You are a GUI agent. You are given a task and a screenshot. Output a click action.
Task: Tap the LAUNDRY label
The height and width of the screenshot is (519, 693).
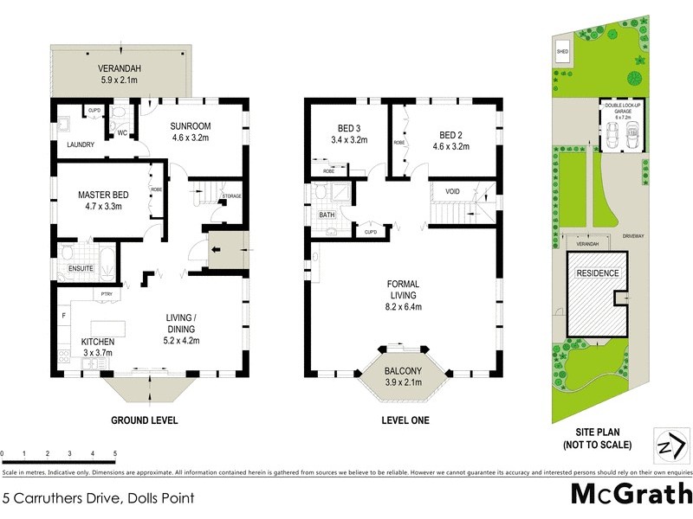tap(80, 157)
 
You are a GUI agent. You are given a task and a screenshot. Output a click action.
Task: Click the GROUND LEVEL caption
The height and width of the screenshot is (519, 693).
tap(145, 421)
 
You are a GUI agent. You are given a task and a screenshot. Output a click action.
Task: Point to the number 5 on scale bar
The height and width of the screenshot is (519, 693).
tap(114, 453)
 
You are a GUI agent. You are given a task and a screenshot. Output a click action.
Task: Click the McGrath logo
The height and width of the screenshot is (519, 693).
tap(631, 495)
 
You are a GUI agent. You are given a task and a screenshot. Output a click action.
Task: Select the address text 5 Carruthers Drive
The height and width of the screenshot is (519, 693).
tap(99, 498)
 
